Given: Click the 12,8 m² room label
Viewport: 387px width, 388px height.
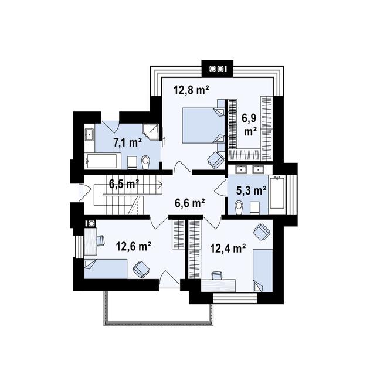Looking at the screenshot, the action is tap(191, 90).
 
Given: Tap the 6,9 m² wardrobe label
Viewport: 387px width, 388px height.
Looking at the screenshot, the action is tap(250, 125).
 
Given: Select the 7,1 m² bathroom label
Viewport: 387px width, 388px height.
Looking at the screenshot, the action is tap(127, 142).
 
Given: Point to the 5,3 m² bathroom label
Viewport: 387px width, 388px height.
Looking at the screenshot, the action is tap(252, 190).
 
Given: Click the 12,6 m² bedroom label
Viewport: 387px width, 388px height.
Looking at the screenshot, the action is tap(134, 246).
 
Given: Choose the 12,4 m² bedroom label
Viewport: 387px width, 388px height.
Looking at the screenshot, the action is tap(228, 248).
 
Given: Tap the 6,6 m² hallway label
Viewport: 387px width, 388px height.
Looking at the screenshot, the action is tap(189, 203).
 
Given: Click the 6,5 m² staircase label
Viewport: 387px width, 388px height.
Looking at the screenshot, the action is tap(124, 184).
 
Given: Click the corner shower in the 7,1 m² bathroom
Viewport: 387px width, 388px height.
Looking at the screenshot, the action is tap(151, 131).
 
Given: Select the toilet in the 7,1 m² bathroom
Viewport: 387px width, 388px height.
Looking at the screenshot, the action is tap(146, 162).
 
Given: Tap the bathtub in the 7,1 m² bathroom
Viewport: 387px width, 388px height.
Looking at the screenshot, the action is tap(100, 161).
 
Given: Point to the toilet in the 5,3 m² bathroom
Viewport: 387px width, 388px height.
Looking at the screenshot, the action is tap(239, 207).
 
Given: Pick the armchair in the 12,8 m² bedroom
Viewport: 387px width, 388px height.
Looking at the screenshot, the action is tap(215, 159).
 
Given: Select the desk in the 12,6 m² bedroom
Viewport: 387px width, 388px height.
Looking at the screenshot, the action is tap(90, 241).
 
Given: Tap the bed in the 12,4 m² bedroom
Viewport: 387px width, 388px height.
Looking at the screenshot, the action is tap(263, 270).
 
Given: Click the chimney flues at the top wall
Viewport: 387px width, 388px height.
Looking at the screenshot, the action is tap(217, 69).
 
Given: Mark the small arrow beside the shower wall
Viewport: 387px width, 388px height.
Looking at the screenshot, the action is tap(164, 141).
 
